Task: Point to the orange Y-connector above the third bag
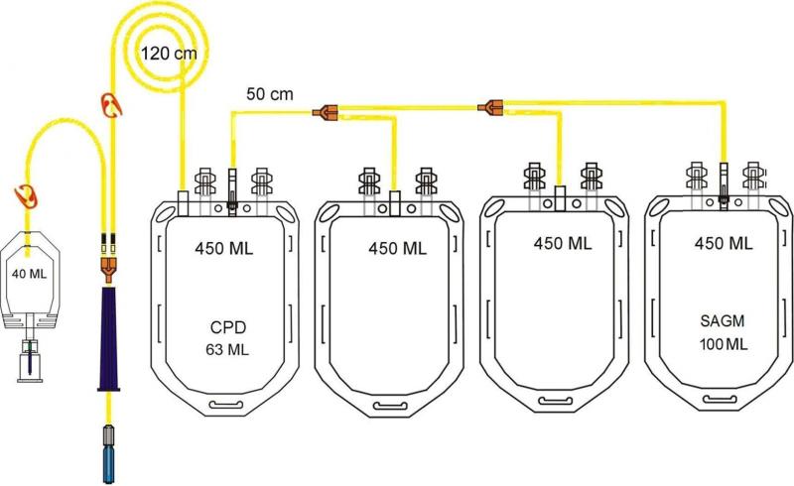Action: pyautogui.click(x=490, y=104)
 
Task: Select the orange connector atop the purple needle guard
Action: pyautogui.click(x=106, y=264)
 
